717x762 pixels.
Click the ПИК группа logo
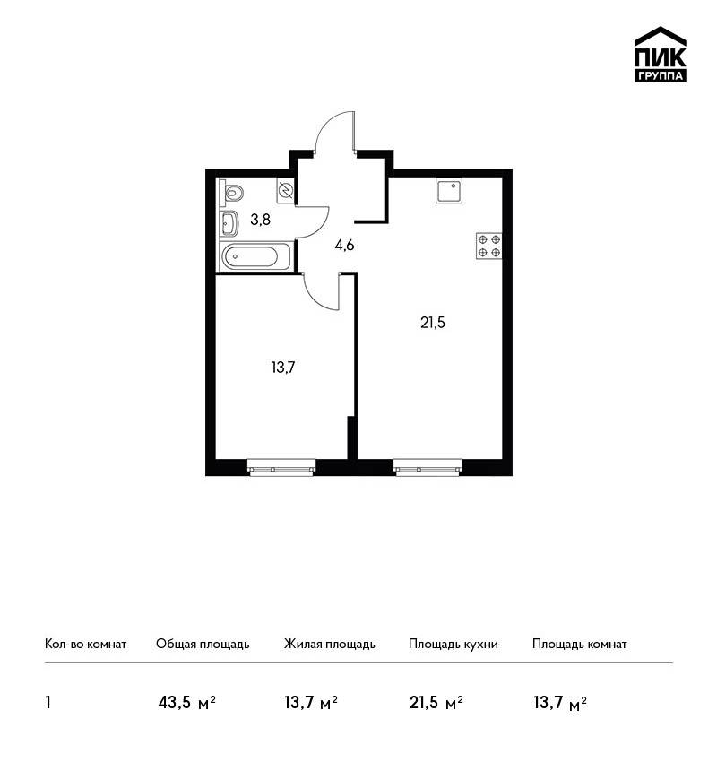click(661, 55)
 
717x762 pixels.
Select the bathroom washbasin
click(229, 222)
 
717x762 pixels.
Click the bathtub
click(256, 256)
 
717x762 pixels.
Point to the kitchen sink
click(448, 190)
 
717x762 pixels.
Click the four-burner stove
click(488, 246)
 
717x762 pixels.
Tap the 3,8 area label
click(261, 221)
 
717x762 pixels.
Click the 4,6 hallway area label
click(344, 246)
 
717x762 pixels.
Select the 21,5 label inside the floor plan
click(433, 322)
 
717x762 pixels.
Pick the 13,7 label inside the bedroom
click(283, 368)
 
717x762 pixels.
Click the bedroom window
click(281, 468)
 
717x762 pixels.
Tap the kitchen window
click(428, 468)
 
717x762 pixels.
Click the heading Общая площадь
click(203, 645)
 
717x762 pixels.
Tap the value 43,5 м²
click(186, 702)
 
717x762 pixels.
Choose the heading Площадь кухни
click(454, 645)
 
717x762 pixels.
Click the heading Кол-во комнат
click(85, 644)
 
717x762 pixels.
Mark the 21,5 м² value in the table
click(436, 702)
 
